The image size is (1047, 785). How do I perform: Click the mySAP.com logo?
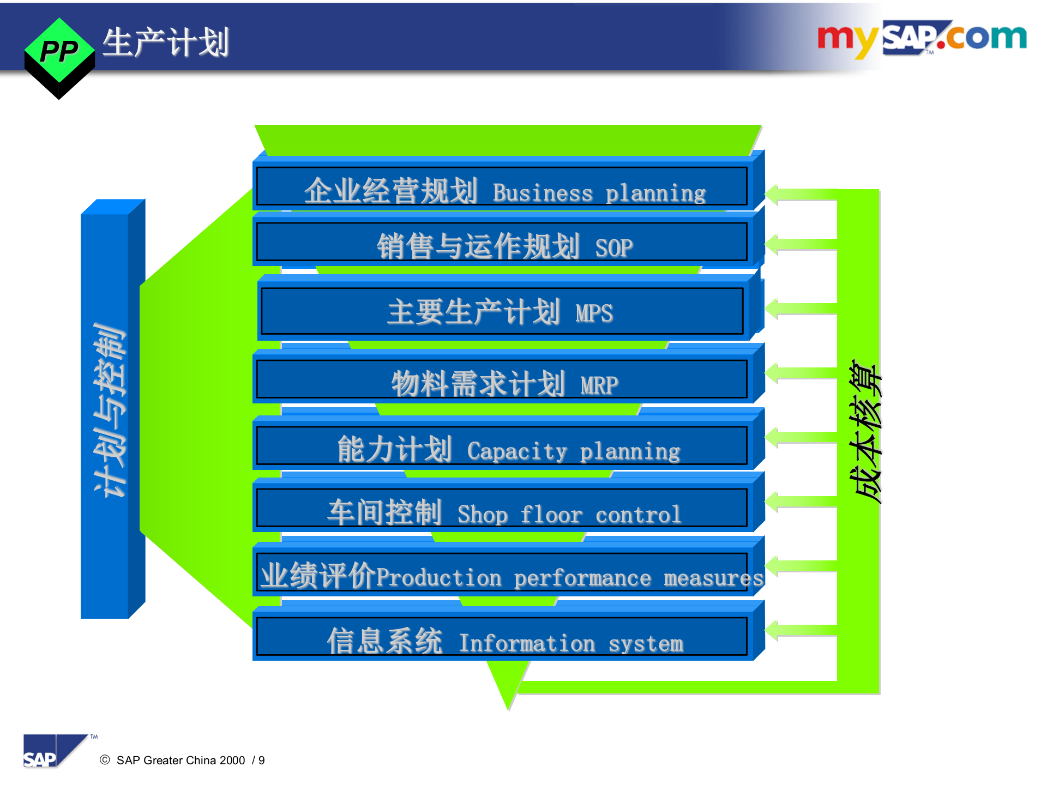tap(922, 38)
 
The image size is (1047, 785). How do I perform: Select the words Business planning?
tap(599, 193)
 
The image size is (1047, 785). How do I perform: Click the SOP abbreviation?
tap(613, 248)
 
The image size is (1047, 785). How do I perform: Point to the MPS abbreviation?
tap(594, 313)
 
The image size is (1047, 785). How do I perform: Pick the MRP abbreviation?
tap(599, 385)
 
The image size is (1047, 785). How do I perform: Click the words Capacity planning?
tap(574, 451)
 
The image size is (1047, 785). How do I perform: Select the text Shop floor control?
tap(569, 515)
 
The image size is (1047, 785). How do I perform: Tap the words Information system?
tap(571, 643)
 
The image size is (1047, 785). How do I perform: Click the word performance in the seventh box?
tap(582, 578)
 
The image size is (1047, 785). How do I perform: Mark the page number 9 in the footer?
tap(262, 760)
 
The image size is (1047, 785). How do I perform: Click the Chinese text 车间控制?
tap(384, 512)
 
